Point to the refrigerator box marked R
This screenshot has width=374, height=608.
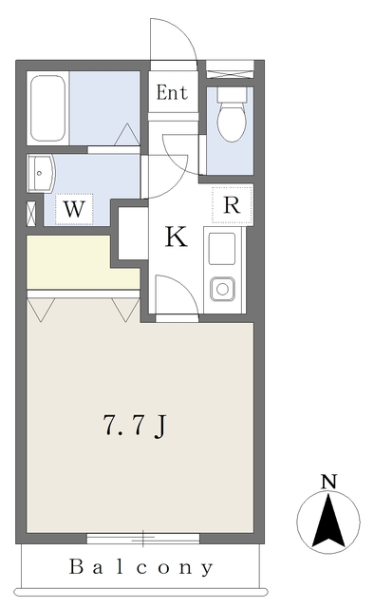point(232,204)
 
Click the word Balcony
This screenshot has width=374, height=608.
point(142,568)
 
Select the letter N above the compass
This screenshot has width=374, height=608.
point(328,483)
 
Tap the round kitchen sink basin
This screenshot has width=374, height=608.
point(223,287)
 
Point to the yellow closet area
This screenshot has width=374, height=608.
point(81,263)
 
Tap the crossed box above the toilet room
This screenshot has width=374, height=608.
point(230,69)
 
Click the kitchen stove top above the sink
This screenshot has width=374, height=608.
point(223,249)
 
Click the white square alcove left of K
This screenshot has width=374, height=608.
point(131,233)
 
